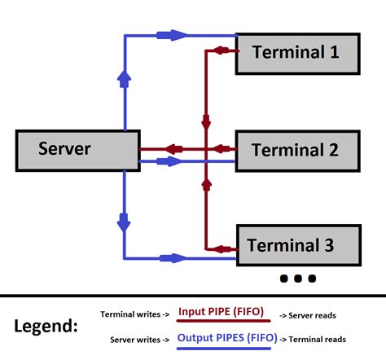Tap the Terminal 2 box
pyautogui.click(x=296, y=149)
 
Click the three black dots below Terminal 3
pyautogui.click(x=297, y=279)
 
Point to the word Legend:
pyautogui.click(x=46, y=327)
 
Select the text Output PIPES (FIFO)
pyautogui.click(x=226, y=338)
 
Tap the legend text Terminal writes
pyautogui.click(x=134, y=314)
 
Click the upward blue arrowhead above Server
pyautogui.click(x=124, y=78)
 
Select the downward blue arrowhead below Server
pyautogui.click(x=124, y=219)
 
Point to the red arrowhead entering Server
pyautogui.click(x=173, y=149)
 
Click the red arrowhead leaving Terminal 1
pyautogui.click(x=218, y=51)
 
